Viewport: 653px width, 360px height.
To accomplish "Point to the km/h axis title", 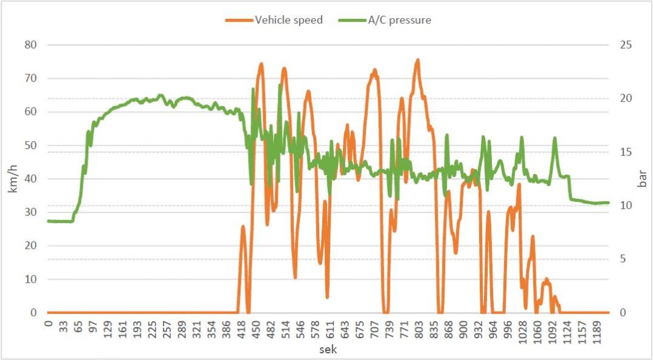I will pyautogui.click(x=13, y=179).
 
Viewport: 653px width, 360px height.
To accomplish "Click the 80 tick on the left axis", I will pyautogui.click(x=30, y=45).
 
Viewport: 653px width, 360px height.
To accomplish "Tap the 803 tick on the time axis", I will pyautogui.click(x=419, y=329).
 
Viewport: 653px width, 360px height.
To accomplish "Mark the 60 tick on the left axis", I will pyautogui.click(x=30, y=112).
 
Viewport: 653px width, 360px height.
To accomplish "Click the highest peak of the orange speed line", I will pyautogui.click(x=418, y=60).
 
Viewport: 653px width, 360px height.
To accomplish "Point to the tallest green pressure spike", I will pyautogui.click(x=253, y=89).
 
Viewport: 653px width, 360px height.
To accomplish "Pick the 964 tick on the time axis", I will pyautogui.click(x=492, y=329).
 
